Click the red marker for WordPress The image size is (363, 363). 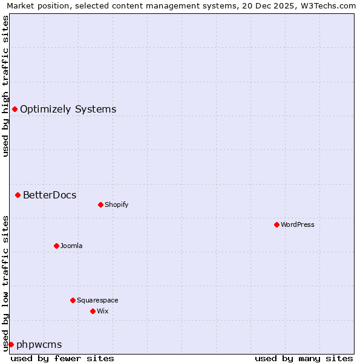pos(276,224)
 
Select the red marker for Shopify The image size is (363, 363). pos(100,204)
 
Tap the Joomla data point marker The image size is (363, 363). pos(56,246)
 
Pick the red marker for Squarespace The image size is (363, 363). pos(73,300)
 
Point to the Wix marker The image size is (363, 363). pos(93,311)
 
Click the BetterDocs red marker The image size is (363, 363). pos(18,195)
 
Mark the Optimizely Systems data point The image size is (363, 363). pos(15,109)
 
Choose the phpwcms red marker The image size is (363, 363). pos(11,344)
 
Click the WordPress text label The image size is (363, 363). pos(298,224)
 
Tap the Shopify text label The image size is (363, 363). pos(117,204)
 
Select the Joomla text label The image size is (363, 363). pos(71,246)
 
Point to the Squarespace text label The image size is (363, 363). pos(97,300)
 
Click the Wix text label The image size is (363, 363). pos(102,311)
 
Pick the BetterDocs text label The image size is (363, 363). pos(50,195)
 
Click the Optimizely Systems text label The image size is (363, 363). pos(68,109)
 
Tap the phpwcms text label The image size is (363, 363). pos(39,345)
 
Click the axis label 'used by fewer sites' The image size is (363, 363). pos(62,358)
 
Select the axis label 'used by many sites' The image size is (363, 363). pos(304,358)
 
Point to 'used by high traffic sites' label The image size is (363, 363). pos(6,86)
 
